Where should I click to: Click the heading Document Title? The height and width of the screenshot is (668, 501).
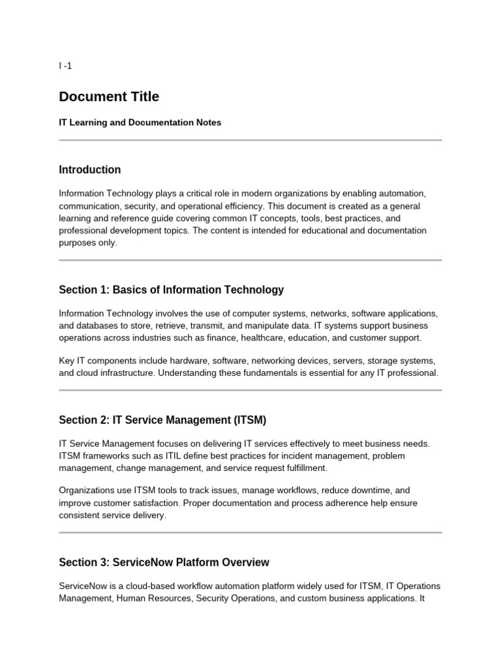tap(109, 97)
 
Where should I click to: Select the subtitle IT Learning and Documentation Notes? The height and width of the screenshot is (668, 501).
tap(140, 123)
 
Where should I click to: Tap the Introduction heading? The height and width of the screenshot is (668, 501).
tap(89, 170)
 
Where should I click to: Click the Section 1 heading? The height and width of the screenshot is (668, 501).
tap(171, 290)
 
